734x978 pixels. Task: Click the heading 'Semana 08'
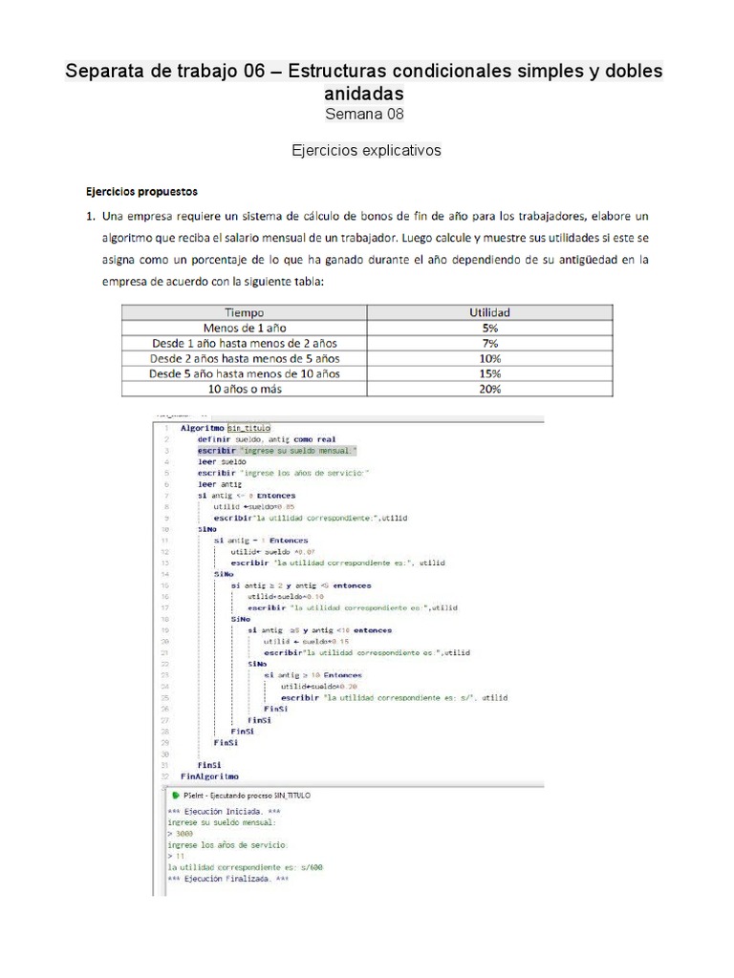(365, 115)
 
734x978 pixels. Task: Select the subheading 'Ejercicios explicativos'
(365, 151)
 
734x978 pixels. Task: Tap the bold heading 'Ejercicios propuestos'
(142, 191)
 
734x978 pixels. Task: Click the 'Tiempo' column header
(244, 312)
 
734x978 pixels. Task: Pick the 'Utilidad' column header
(490, 312)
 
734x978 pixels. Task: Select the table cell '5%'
(490, 328)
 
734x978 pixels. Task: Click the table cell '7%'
(490, 343)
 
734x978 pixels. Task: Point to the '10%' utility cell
(490, 358)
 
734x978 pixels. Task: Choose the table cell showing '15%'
(490, 373)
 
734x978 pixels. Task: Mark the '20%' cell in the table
(490, 389)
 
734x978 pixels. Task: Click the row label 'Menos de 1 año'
(244, 328)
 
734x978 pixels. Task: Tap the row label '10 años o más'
(244, 389)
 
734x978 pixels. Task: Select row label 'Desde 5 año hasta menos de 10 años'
(244, 373)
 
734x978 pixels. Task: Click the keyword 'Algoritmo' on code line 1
(202, 429)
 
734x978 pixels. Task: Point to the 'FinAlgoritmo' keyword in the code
(209, 776)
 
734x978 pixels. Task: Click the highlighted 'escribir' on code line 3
(217, 450)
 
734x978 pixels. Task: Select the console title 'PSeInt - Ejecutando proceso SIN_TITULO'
(240, 795)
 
